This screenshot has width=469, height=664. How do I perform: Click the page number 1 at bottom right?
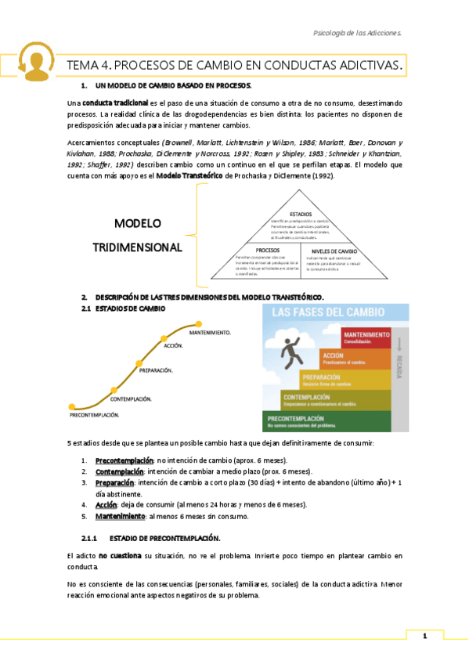pyautogui.click(x=424, y=637)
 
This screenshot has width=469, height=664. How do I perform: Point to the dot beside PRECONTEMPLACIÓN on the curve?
pyautogui.click(x=71, y=406)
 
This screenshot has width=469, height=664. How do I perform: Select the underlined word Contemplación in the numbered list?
pyautogui.click(x=119, y=471)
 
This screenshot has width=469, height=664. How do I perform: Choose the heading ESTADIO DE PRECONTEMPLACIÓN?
pyautogui.click(x=165, y=539)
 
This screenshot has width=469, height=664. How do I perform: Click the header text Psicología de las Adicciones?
pyautogui.click(x=357, y=33)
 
